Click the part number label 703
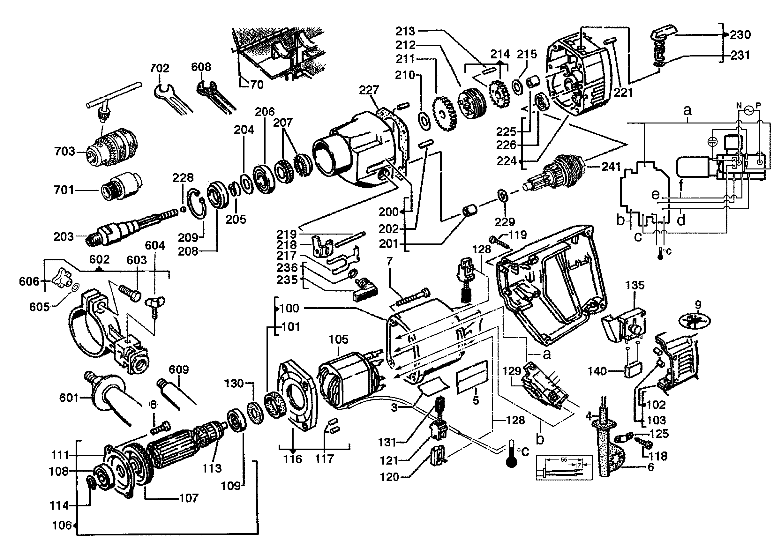pos(64,151)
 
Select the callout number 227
pos(369,90)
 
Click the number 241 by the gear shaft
pos(611,167)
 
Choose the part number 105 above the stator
pos(338,339)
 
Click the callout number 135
pos(635,285)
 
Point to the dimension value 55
pos(564,460)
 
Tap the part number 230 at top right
pos(740,35)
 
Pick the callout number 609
pos(179,369)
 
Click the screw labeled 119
pos(497,241)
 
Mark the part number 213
pos(405,31)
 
